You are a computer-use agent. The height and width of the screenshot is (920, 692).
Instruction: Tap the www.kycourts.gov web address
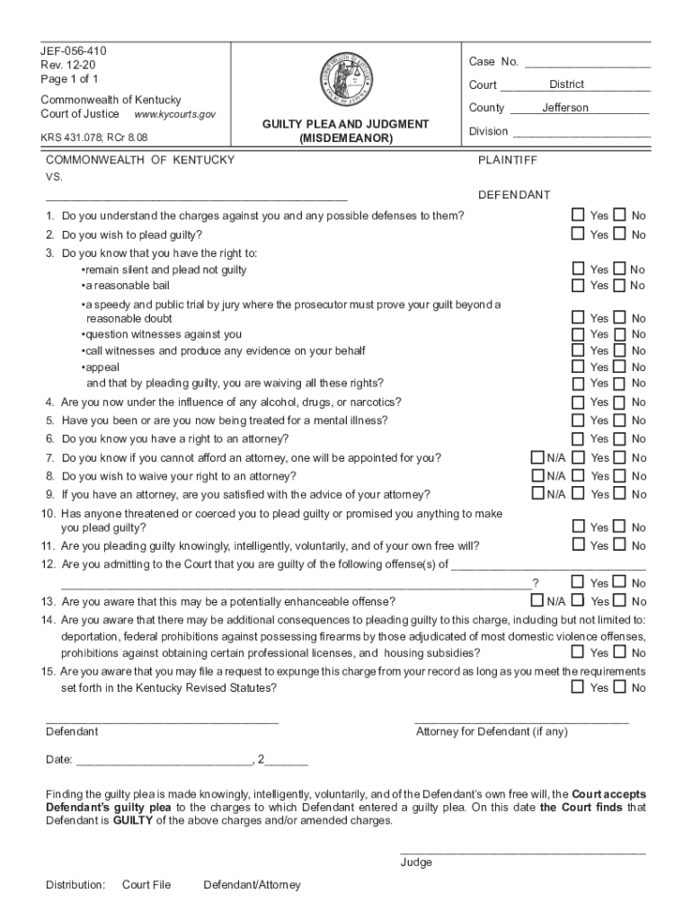(175, 115)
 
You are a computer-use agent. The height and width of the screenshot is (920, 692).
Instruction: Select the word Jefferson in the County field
(565, 108)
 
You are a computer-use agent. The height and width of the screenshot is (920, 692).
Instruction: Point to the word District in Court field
(566, 84)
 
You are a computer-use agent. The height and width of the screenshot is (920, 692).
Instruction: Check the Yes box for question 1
(579, 215)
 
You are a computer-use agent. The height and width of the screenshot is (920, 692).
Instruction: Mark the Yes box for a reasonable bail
(579, 285)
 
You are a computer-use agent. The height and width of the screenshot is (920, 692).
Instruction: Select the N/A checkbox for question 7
(537, 457)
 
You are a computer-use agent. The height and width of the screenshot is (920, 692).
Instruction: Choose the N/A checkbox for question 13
(537, 600)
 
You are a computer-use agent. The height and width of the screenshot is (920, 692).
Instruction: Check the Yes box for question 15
(579, 687)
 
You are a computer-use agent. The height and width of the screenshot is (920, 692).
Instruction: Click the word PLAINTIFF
(508, 160)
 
